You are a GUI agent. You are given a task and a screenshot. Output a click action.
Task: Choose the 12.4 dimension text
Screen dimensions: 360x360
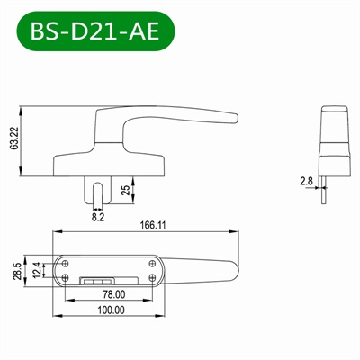[37, 270]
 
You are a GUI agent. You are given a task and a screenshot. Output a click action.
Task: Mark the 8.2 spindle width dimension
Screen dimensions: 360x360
[97, 216]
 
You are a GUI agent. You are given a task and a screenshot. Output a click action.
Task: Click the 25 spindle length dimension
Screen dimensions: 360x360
[125, 190]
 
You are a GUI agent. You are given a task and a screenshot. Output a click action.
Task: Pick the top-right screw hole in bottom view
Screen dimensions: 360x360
[151, 262]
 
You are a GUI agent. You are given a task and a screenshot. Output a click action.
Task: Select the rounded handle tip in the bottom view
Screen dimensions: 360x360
[236, 267]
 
